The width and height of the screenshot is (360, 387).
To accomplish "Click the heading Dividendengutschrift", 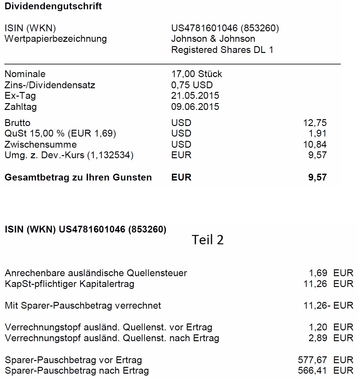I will coord(53,6).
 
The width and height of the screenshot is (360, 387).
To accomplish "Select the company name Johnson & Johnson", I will coord(213,39).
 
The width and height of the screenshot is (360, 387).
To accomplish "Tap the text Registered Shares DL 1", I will coord(222,50).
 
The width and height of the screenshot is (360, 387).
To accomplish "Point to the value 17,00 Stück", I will coord(196,74).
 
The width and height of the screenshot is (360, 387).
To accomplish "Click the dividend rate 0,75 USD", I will coord(192,85).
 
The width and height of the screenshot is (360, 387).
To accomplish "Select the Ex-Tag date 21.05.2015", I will coord(195,96).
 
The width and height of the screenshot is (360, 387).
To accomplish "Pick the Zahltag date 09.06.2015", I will coord(195,107).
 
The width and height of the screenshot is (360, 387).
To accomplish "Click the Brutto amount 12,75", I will coord(314,123).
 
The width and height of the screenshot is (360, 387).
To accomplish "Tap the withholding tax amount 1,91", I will coord(317,133).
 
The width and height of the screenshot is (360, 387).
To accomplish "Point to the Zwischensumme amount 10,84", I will coord(314,145).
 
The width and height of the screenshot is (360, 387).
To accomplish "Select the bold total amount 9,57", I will coord(317,177).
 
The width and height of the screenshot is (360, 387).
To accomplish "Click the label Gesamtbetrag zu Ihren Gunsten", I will coord(78,177).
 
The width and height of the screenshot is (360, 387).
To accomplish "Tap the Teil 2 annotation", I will coord(207,240).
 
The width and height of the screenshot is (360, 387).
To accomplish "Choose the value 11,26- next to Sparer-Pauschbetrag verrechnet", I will coord(317,306).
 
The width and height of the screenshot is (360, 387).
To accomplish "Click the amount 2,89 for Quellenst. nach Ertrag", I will coord(318,338).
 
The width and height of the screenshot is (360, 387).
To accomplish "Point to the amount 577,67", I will coord(312,360).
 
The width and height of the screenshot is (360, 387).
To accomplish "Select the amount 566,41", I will coord(312,371).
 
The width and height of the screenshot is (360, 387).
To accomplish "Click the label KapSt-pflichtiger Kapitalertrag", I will coord(69,284).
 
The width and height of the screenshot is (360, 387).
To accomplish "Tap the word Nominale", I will coord(25,74).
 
